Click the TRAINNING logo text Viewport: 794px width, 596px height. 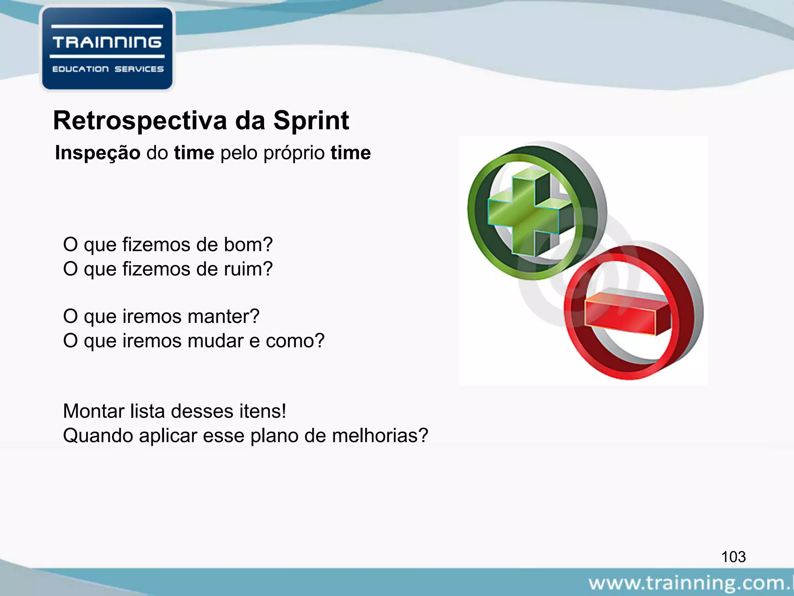[x=107, y=42]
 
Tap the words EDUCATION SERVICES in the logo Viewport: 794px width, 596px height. [x=108, y=69]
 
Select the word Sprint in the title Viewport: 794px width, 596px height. [x=311, y=121]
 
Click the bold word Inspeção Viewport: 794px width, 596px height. [x=98, y=152]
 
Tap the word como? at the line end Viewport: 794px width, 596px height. [x=295, y=341]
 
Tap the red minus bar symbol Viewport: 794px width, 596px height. [x=624, y=312]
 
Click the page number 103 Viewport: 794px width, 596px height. [x=733, y=557]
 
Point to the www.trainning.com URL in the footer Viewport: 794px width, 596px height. [x=690, y=583]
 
